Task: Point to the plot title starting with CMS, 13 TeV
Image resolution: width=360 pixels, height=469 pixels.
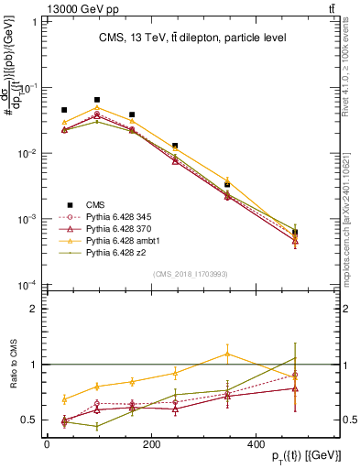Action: [x=192, y=38]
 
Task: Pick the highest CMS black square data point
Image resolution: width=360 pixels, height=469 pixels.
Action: [x=97, y=100]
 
